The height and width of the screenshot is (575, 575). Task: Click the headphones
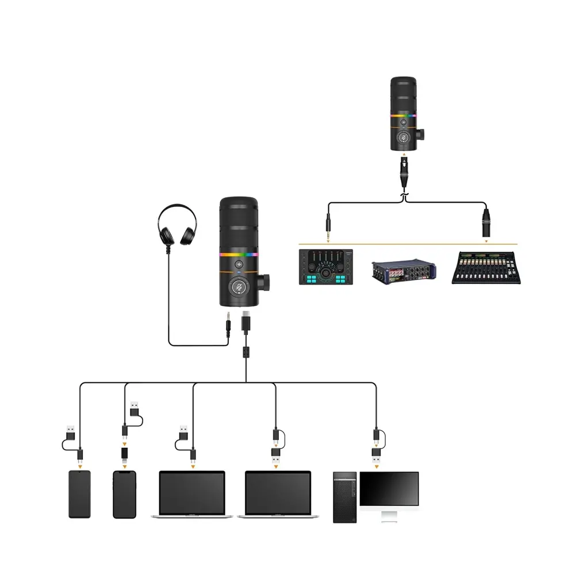[x=177, y=227]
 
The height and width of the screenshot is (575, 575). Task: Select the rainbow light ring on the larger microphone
[x=239, y=254]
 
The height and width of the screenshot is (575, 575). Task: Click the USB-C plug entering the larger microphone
[x=246, y=321]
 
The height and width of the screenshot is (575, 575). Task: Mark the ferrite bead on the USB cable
[x=246, y=352]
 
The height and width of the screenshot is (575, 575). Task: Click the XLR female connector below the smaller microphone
[x=404, y=171]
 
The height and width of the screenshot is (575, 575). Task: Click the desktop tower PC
[x=346, y=497]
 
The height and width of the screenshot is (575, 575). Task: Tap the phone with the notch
[x=124, y=494]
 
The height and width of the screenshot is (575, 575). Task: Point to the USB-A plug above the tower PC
[x=377, y=458]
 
